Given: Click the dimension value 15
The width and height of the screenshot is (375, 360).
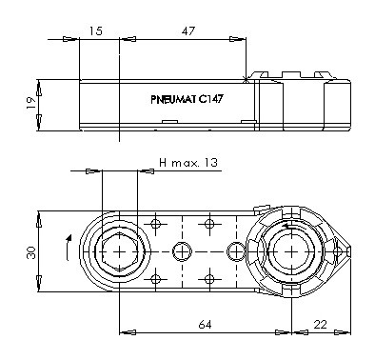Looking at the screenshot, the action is [96, 30].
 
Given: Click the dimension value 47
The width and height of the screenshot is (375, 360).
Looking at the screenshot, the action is [187, 30].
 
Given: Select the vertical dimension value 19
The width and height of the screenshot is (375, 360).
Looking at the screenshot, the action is [30, 103].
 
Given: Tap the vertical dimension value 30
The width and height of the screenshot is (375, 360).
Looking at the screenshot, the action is [31, 253].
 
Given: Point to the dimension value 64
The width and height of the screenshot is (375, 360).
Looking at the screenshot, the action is [205, 325].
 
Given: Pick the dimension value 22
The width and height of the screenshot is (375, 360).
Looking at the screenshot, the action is [321, 325].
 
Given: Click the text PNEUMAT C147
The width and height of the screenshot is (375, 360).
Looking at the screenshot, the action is [187, 99].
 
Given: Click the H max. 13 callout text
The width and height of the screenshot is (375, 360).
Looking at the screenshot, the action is [188, 163].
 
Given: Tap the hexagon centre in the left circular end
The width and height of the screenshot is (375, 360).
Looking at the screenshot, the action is [119, 251].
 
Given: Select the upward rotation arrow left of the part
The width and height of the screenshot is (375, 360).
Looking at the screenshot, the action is [69, 248].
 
